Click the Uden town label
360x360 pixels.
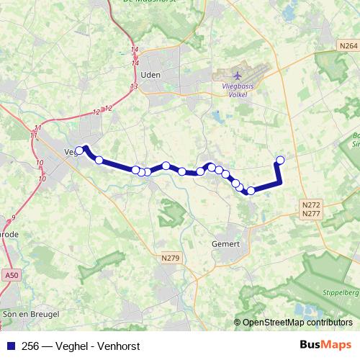click(150, 74)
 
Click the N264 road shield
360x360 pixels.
click(347, 45)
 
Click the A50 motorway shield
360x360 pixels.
click(11, 274)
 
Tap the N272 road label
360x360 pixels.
click(311, 205)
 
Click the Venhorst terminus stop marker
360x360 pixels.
click(280, 160)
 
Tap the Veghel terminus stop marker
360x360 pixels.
click(79, 150)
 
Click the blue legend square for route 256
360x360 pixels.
click(10, 346)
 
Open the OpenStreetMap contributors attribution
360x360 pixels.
click(297, 323)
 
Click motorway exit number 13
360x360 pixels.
click(134, 86)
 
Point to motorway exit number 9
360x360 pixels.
click(13, 217)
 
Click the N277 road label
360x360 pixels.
click(311, 214)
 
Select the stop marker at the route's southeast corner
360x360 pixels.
click(251, 191)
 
